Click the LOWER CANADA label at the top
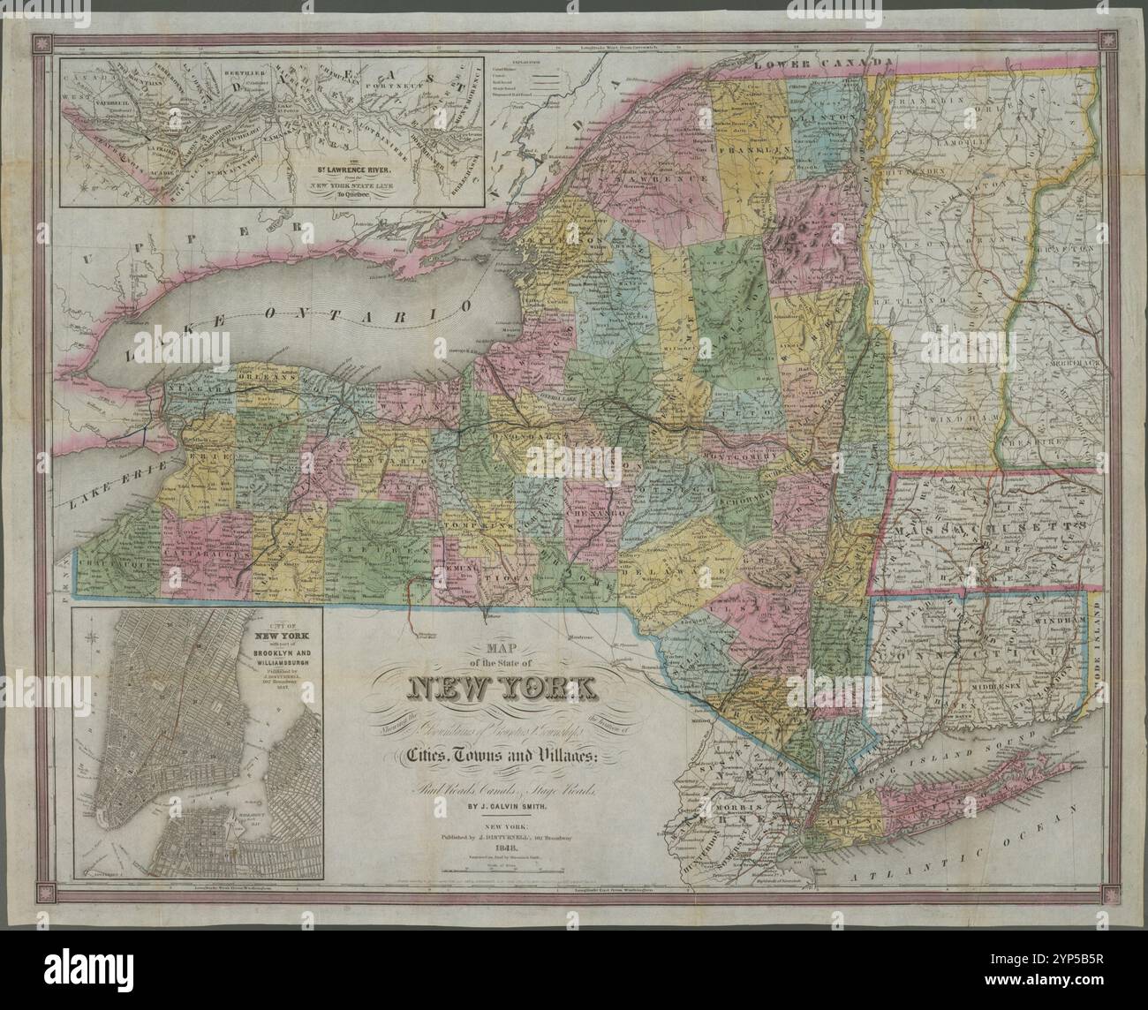[812, 63]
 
